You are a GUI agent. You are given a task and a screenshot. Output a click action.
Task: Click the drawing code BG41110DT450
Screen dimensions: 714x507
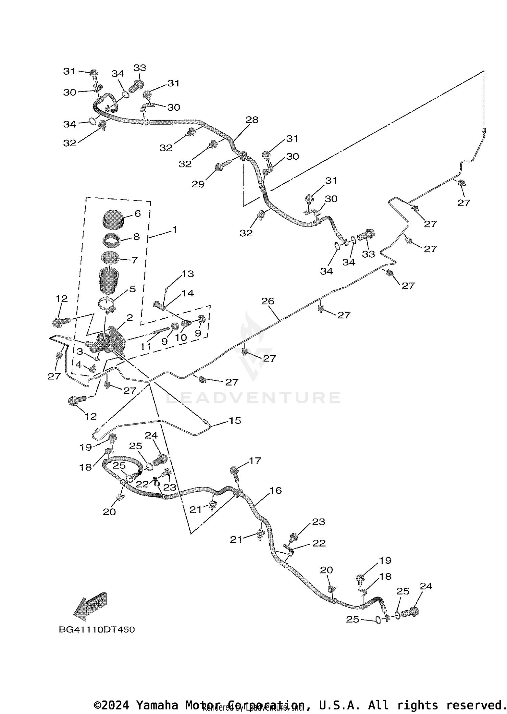(97, 630)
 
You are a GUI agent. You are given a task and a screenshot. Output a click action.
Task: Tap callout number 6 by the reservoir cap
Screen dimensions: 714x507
(137, 214)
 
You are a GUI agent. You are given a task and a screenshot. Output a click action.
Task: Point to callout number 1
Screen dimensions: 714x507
(174, 230)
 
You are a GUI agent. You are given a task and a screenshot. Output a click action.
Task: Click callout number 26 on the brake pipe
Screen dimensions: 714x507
(268, 301)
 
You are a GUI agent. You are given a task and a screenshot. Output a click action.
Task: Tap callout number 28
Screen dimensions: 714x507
(252, 120)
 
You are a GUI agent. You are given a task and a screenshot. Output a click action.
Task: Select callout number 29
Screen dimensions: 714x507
(198, 184)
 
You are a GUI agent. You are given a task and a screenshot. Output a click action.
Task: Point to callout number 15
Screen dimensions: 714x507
(235, 421)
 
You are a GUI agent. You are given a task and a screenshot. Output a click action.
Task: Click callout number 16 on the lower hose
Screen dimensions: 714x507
(276, 491)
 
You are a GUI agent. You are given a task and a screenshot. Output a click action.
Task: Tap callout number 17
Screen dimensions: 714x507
(255, 460)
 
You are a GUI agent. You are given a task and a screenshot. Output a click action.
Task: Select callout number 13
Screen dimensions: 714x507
(188, 274)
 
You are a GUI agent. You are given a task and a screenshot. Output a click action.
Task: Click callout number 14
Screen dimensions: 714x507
(188, 293)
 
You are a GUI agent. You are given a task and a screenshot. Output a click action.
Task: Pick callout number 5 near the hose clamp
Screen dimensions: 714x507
(132, 289)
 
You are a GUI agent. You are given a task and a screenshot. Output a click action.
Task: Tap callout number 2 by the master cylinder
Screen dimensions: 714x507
(129, 318)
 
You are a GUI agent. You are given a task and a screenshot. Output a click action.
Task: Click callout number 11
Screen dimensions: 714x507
(146, 347)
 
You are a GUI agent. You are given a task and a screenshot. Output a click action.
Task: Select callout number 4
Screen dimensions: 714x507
(78, 365)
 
